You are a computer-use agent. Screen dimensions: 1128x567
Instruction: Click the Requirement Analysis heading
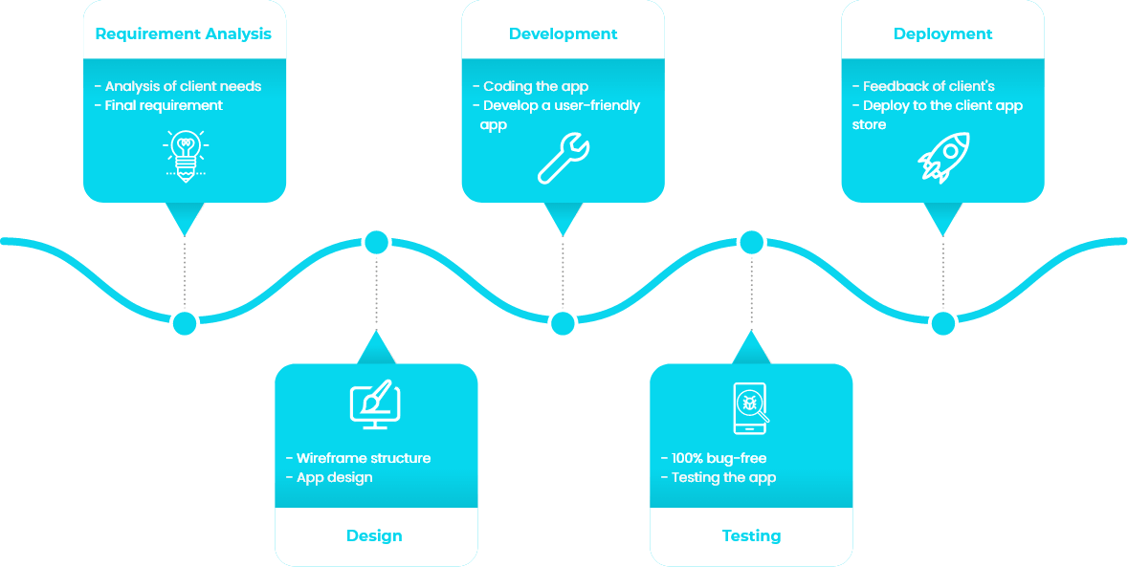coord(184,33)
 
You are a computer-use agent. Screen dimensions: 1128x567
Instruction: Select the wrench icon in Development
coord(564,157)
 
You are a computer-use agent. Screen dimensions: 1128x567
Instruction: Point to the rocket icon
coord(943,157)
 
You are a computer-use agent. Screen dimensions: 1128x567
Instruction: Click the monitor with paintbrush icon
coord(375,404)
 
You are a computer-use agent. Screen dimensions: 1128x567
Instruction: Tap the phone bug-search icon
coord(751,408)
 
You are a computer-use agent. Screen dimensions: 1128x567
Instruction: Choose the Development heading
coord(563,33)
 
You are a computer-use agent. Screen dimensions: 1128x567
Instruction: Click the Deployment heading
coord(942,33)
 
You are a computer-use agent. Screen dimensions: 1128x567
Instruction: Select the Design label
coord(374,535)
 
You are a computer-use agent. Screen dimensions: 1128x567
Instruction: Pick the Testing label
coord(751,535)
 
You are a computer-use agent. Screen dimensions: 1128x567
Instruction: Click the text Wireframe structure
coord(364,458)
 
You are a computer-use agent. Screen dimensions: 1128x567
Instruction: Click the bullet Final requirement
coord(158,105)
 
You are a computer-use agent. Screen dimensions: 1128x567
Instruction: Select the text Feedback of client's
coord(923,86)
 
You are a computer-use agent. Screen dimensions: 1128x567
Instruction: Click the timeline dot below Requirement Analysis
coord(185,322)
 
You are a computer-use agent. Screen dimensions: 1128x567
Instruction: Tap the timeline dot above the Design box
coord(376,242)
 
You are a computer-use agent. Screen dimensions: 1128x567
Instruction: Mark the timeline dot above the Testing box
coord(751,242)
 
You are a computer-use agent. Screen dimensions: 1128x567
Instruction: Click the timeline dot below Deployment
coord(943,322)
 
